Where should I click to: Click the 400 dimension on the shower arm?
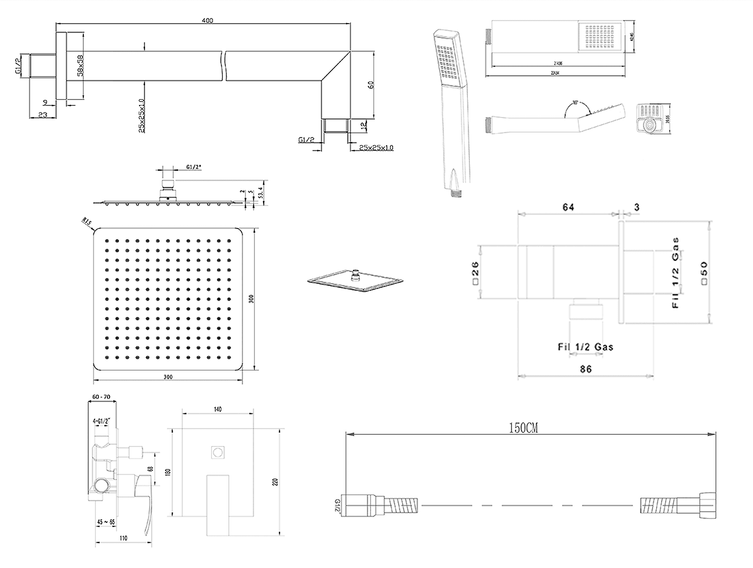[x=207, y=21]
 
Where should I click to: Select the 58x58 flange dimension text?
[x=80, y=65]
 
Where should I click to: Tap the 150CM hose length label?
[x=524, y=428]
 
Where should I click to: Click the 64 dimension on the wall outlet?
[x=568, y=207]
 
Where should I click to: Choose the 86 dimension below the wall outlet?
[x=586, y=369]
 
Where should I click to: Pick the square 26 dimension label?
[x=475, y=273]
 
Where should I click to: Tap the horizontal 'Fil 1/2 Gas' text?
[x=585, y=347]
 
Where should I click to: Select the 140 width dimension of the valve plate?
[x=217, y=409]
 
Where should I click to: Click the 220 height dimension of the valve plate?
[x=275, y=482]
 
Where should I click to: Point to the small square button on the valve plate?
[x=218, y=452]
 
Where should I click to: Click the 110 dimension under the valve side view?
[x=123, y=538]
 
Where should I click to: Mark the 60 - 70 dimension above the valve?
[x=101, y=397]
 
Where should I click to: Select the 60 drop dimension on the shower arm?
[x=371, y=84]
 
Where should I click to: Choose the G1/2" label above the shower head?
[x=194, y=167]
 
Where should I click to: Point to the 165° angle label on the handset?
[x=577, y=104]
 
